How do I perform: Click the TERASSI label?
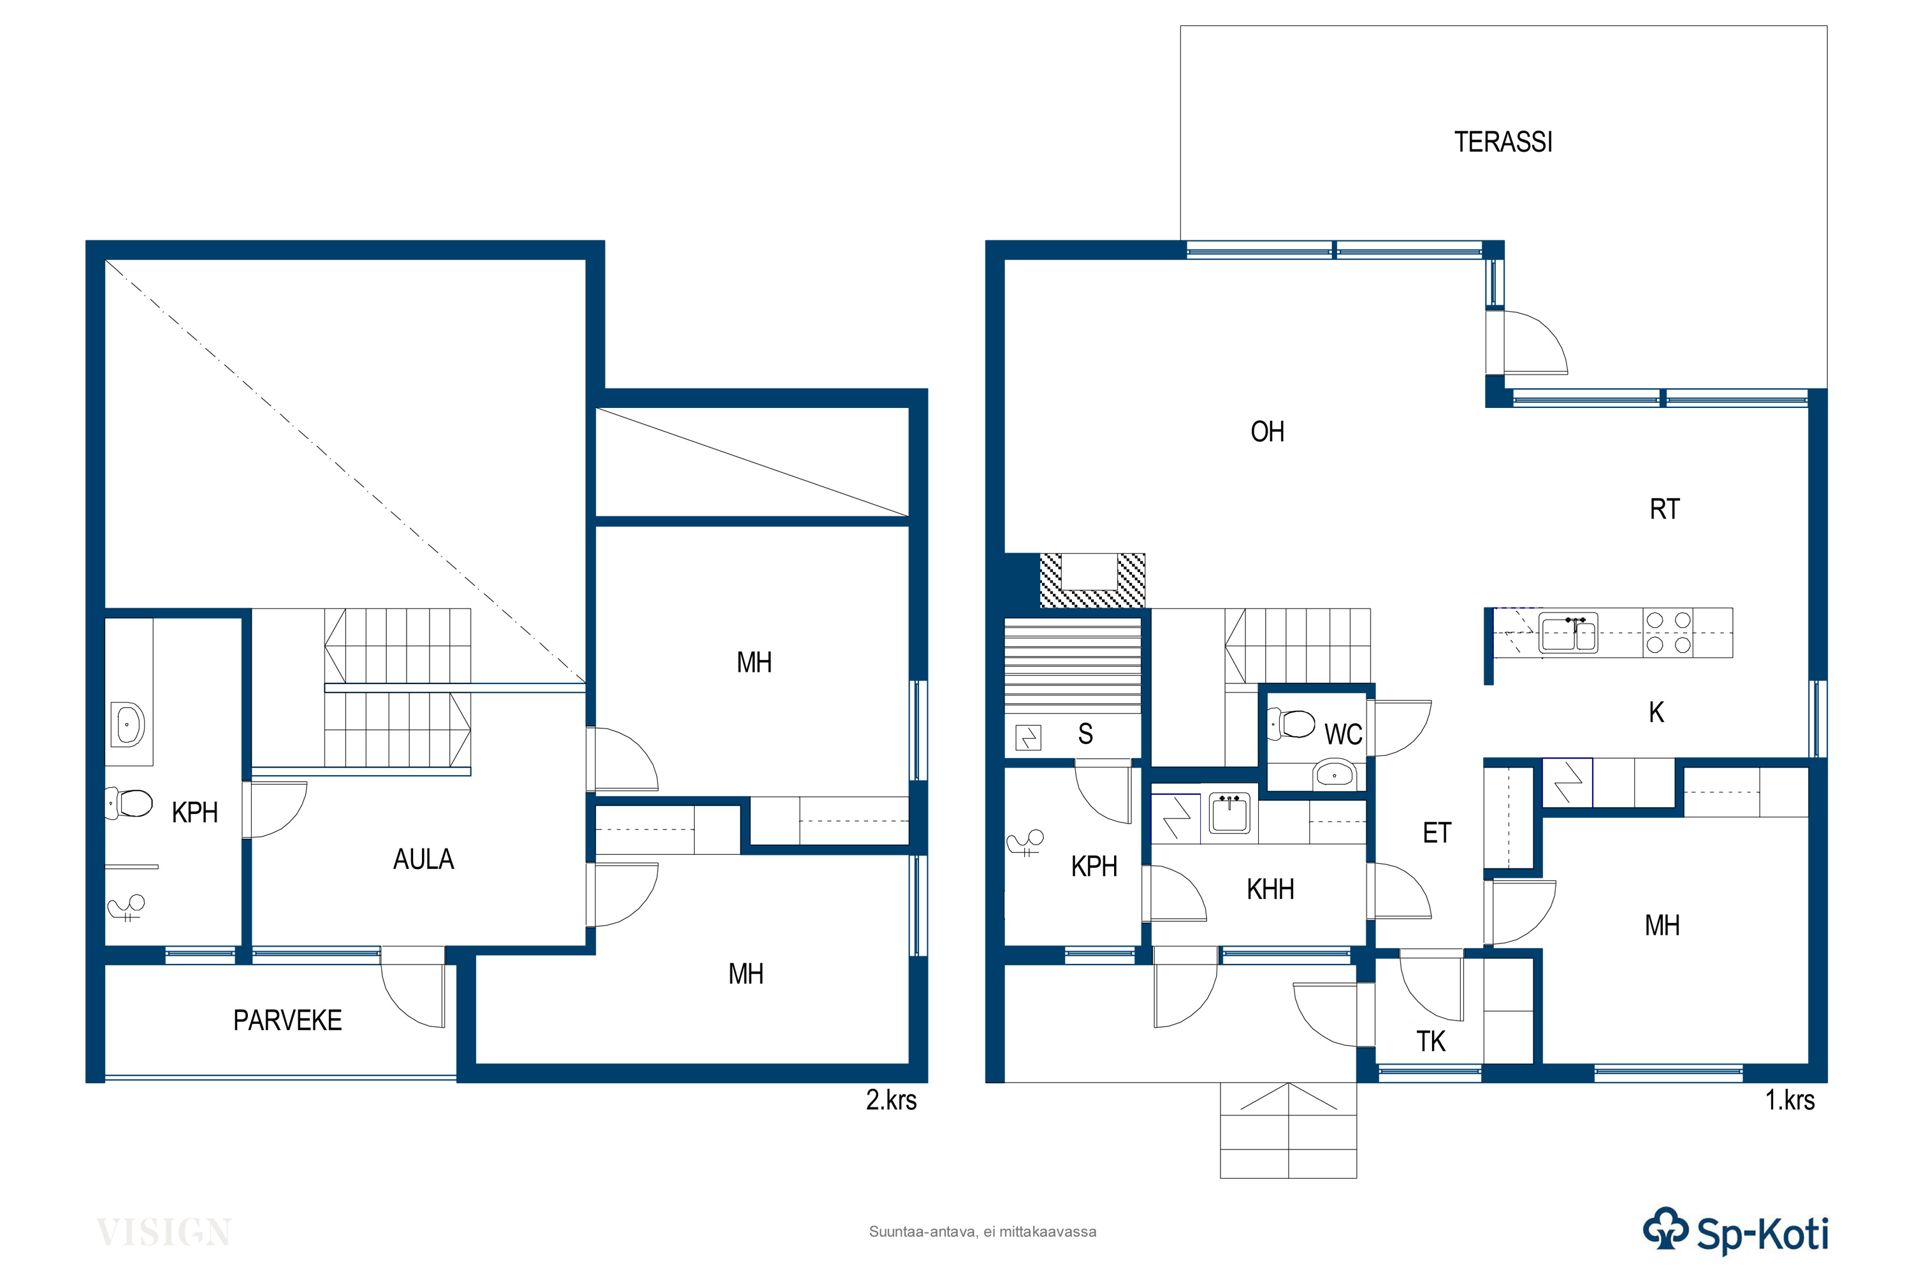point(1503,142)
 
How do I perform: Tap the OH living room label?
point(1268,432)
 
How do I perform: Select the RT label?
point(1664,509)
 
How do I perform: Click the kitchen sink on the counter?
point(1568,634)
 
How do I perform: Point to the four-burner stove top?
point(1668,632)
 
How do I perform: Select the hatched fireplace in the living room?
point(1092,581)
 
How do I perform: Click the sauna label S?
point(1085,734)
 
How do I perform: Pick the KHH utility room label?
point(1270,889)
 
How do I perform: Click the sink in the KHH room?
point(1229,813)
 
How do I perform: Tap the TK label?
point(1431,1042)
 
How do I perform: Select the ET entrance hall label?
point(1437,833)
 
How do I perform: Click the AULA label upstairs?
point(424,859)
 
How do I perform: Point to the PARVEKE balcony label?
point(287,1021)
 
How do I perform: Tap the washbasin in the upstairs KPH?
point(127,724)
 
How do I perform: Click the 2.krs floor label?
point(891,1100)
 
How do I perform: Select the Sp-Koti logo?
point(1735,1233)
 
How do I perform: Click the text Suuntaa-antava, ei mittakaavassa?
point(983,1232)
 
